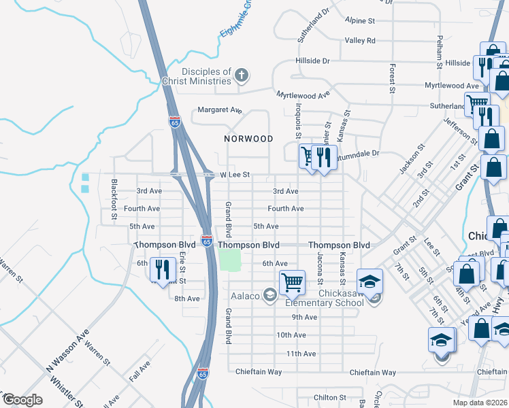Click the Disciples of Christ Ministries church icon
(242, 75)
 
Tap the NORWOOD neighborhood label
(249, 139)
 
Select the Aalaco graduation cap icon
(270, 294)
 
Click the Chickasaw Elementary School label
(326, 303)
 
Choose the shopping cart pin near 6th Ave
(292, 281)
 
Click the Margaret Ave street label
(220, 109)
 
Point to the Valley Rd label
(360, 41)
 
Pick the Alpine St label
(360, 21)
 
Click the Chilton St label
(330, 397)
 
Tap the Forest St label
(393, 79)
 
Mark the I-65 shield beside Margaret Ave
(175, 122)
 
